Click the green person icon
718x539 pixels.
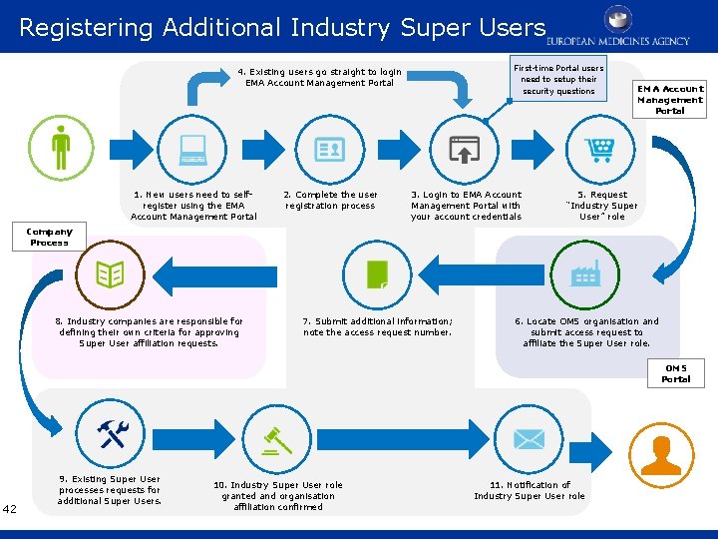62,146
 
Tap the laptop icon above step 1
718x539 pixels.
192,150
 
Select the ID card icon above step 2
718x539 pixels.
329,150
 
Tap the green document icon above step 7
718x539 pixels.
378,272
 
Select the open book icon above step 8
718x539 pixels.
110,271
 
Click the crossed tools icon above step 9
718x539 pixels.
111,433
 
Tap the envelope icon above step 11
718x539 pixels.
529,437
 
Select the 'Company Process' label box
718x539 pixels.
49,237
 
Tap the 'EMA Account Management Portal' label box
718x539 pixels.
670,100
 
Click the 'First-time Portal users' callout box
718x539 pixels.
557,80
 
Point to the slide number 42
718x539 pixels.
10,509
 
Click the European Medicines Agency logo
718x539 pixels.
618,27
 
